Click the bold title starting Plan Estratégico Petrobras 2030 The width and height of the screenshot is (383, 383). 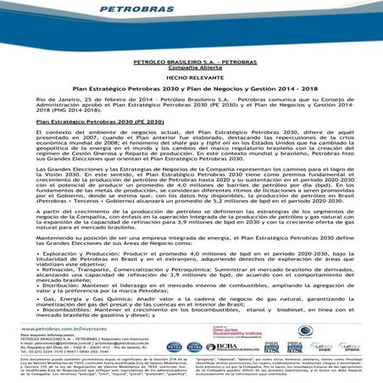191,88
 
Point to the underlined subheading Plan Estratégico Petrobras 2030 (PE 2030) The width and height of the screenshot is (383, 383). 80,124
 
